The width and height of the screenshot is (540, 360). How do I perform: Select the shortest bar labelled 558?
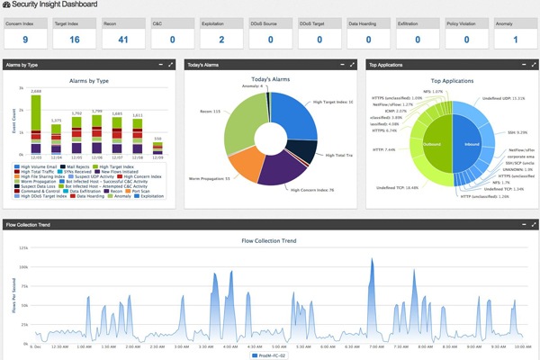(158, 148)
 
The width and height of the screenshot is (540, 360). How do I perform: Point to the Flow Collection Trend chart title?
(270, 241)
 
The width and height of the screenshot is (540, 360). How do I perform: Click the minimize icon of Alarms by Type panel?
(159, 65)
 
